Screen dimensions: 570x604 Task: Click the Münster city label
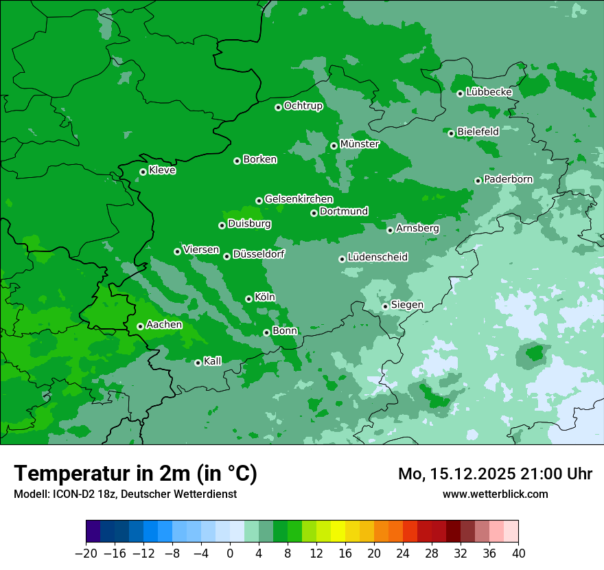[360, 144]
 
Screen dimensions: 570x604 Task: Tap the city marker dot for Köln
[248, 299]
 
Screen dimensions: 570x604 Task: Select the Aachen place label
[165, 325]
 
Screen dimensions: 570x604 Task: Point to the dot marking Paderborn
[478, 181]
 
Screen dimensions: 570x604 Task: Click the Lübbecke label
[489, 92]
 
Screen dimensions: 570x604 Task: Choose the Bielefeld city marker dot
[451, 133]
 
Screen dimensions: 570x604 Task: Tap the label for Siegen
[407, 305]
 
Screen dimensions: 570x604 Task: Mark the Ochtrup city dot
[278, 107]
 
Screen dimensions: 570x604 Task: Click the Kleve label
[163, 170]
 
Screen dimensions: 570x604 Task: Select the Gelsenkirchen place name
[299, 199]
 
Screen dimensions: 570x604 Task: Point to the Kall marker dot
[198, 363]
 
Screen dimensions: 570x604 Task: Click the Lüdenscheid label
[377, 258]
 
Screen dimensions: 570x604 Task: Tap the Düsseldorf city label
[259, 255]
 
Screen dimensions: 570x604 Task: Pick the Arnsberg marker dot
[390, 230]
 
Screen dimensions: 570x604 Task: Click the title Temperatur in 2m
[135, 474]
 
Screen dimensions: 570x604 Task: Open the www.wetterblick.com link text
[496, 494]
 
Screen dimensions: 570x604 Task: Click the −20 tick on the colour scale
[86, 554]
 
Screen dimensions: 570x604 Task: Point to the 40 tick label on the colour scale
[518, 554]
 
